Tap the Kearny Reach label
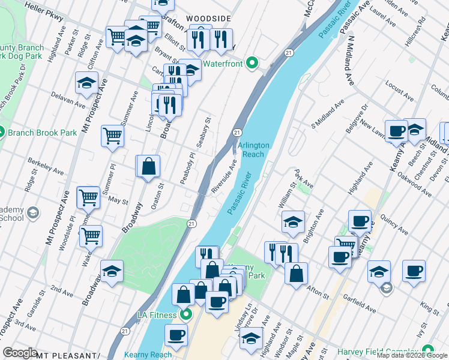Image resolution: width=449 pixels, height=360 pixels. pos(148,355)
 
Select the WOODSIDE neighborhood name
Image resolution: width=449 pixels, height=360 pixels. pos(208,19)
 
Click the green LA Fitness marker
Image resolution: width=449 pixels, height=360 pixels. pos(186,314)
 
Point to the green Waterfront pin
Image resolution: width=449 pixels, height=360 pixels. pos(253,62)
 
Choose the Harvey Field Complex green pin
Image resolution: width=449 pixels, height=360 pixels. pos(428,350)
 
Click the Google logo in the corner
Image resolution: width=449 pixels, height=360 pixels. pos(20,353)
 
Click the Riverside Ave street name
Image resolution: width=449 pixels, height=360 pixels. pos(224,177)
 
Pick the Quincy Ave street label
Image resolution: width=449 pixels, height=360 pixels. pos(394,224)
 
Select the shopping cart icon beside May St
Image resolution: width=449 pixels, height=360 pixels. pos(89,196)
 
